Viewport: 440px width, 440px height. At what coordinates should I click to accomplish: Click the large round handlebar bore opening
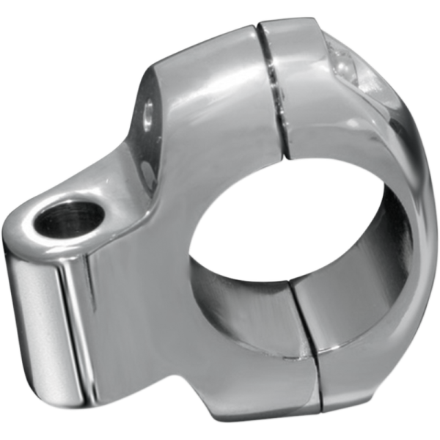(293, 242)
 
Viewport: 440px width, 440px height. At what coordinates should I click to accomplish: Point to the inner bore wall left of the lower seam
(242, 308)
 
